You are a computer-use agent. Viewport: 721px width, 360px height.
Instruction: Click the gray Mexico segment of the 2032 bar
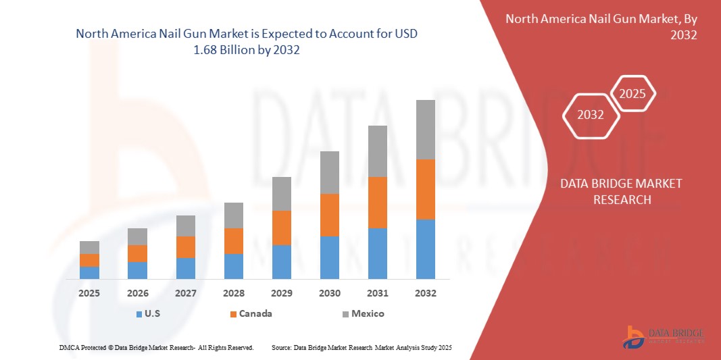pos(425,130)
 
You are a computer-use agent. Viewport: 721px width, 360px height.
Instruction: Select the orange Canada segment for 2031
pos(377,202)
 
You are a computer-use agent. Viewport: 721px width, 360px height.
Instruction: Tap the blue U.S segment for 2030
pos(329,257)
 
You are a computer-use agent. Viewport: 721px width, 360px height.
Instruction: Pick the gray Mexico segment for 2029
pos(281,193)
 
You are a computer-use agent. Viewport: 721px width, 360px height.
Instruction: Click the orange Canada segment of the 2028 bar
pos(233,240)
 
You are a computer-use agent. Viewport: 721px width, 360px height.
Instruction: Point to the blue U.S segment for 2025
pos(89,272)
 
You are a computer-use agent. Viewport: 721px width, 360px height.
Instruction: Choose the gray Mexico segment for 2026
pos(137,236)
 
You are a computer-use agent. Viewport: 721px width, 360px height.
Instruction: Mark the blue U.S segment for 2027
pos(185,268)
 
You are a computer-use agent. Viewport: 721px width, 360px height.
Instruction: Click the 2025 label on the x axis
pos(89,293)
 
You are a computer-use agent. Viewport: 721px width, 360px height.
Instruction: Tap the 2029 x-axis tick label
pos(281,293)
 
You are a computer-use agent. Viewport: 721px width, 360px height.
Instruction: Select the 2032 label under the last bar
pos(425,293)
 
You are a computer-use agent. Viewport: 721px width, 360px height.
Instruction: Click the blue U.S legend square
pos(139,314)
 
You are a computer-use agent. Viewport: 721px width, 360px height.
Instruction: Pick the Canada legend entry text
pos(256,313)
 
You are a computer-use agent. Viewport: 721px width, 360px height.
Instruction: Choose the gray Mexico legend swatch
pos(345,314)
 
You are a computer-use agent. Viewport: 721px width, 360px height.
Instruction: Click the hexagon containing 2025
pos(632,95)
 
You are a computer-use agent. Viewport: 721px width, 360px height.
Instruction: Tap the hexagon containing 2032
pos(591,115)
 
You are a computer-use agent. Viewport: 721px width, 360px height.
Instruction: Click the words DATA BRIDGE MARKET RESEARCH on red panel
pos(621,192)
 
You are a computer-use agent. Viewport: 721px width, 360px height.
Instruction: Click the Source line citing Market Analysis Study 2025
pos(361,347)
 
